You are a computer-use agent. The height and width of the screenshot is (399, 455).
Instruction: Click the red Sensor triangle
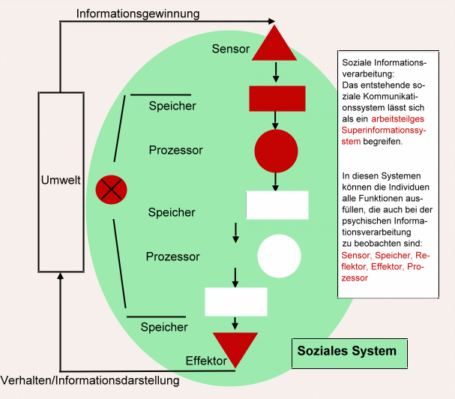click(x=277, y=45)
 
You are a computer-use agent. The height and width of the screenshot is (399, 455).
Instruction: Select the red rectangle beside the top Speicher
click(x=277, y=98)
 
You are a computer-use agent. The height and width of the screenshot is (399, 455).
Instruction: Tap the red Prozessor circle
click(x=277, y=151)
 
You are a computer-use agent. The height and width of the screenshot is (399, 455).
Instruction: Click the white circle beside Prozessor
click(x=279, y=256)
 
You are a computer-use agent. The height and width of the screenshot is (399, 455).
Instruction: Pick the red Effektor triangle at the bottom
click(x=235, y=348)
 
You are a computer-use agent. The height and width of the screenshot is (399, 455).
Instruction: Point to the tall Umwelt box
click(x=60, y=181)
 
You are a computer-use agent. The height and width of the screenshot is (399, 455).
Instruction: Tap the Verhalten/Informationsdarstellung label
click(x=91, y=380)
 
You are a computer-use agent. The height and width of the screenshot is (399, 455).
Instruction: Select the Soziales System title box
click(x=346, y=351)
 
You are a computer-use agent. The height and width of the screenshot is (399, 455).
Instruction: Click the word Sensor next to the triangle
click(x=229, y=49)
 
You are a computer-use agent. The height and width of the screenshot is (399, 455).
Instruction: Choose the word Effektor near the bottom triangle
click(x=206, y=361)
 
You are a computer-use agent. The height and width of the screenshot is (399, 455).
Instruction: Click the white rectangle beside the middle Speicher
click(x=277, y=205)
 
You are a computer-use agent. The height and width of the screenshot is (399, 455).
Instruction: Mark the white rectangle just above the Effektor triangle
click(x=236, y=301)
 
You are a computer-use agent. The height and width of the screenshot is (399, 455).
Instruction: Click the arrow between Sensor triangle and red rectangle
click(x=277, y=72)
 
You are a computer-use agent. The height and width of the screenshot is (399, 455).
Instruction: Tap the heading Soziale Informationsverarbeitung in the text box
click(x=383, y=68)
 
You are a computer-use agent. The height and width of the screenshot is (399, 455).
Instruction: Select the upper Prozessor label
click(x=176, y=150)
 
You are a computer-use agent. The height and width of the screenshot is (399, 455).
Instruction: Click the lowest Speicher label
click(x=164, y=327)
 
